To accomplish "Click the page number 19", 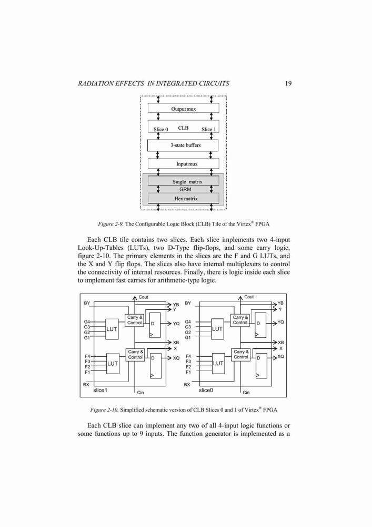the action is point(288,83).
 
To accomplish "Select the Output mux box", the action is point(184,108).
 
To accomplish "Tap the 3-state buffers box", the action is point(183,145).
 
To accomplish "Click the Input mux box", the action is point(184,164).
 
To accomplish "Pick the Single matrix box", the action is point(184,181).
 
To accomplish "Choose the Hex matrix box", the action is point(184,198).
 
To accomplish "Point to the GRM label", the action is point(185,190).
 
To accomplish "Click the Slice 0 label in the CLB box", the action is point(160,130).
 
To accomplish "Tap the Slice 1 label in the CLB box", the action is point(209,130).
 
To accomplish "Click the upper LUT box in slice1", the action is point(112,329).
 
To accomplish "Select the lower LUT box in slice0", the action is point(218,363).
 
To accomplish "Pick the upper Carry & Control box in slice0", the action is point(240,320).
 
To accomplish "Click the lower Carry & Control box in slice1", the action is point(135,355).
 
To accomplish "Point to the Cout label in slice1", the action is point(143,297).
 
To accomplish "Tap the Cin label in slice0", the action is point(246,393).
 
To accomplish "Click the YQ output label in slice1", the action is point(176,324).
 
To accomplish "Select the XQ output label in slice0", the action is point(281,357).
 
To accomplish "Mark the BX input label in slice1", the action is point(86,384).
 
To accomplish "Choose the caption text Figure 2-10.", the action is point(104,410).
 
